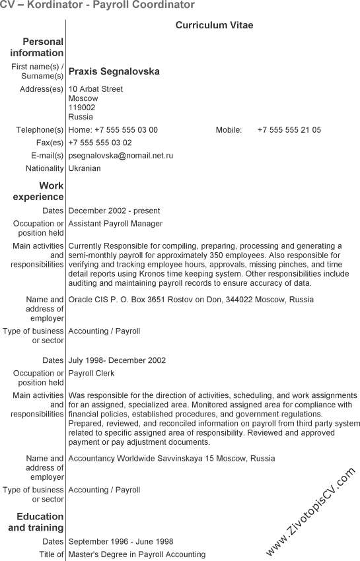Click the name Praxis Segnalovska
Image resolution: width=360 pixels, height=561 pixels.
114,71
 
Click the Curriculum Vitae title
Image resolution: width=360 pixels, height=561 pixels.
214,25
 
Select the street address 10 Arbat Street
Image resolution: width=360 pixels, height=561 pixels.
96,89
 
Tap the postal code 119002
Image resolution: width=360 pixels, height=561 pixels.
82,108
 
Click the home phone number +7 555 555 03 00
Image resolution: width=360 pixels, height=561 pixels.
126,130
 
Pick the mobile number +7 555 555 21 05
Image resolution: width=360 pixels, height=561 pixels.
289,130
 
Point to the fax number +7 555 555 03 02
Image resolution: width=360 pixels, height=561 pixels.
100,143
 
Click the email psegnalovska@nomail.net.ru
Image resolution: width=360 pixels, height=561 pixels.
121,156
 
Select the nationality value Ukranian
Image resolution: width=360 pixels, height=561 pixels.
85,168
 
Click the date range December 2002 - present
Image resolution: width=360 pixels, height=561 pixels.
114,211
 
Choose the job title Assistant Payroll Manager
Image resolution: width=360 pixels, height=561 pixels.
116,224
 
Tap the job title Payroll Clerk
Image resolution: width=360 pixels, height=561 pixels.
91,374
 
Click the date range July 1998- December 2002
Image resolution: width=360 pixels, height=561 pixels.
117,361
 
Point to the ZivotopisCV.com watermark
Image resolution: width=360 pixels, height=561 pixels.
310,511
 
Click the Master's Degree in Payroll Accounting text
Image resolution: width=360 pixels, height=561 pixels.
137,554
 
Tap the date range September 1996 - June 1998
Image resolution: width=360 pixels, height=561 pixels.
121,542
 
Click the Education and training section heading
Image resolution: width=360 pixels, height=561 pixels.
38,522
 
